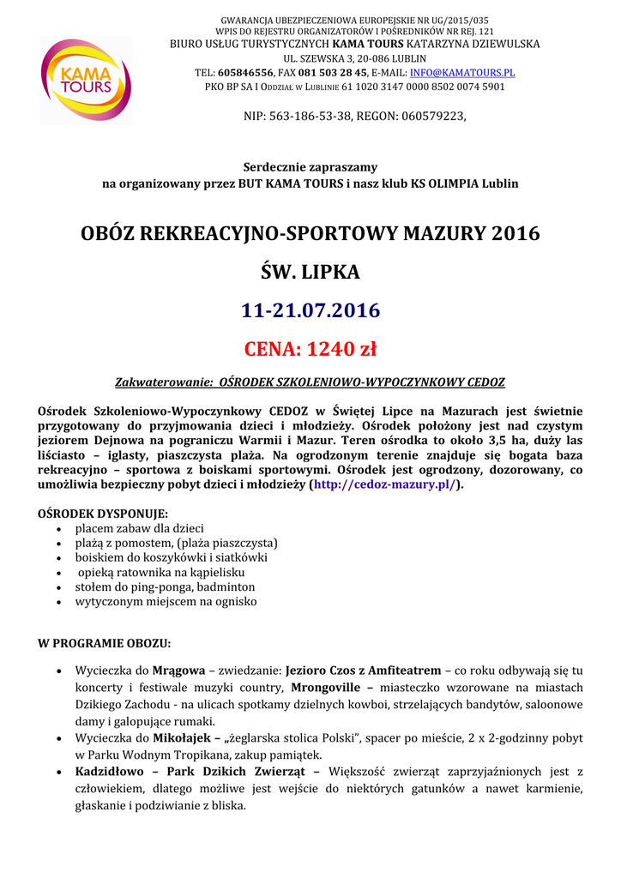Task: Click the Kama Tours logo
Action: pos(85,80)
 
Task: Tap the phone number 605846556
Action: pos(246,73)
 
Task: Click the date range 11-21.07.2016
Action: pos(310,310)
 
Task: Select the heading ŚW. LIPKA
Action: pos(310,273)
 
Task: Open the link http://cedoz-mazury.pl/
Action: pos(385,484)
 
